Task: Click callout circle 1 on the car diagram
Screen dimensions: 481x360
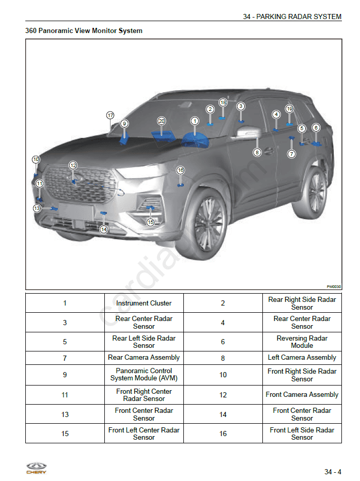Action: (195, 121)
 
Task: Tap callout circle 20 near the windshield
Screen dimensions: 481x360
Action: (161, 121)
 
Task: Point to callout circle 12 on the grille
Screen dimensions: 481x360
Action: (73, 165)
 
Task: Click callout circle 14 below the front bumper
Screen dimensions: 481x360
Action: (104, 229)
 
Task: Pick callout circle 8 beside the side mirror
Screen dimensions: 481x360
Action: (257, 152)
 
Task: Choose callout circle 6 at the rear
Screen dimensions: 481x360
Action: (316, 127)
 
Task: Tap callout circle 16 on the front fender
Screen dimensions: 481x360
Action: (180, 170)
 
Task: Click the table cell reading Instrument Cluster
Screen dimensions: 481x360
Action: (144, 303)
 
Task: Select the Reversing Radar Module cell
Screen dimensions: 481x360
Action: (302, 342)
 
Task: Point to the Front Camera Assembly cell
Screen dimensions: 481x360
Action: (302, 395)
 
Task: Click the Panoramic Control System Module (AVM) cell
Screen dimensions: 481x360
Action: (144, 375)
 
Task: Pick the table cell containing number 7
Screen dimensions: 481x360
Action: (65, 358)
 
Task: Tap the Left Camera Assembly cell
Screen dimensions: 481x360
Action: (302, 358)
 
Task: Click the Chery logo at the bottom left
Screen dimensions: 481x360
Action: (36, 468)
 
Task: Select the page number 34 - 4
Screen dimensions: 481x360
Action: (333, 472)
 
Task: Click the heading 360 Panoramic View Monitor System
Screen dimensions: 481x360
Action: (84, 31)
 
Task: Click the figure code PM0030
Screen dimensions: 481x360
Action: (334, 286)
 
